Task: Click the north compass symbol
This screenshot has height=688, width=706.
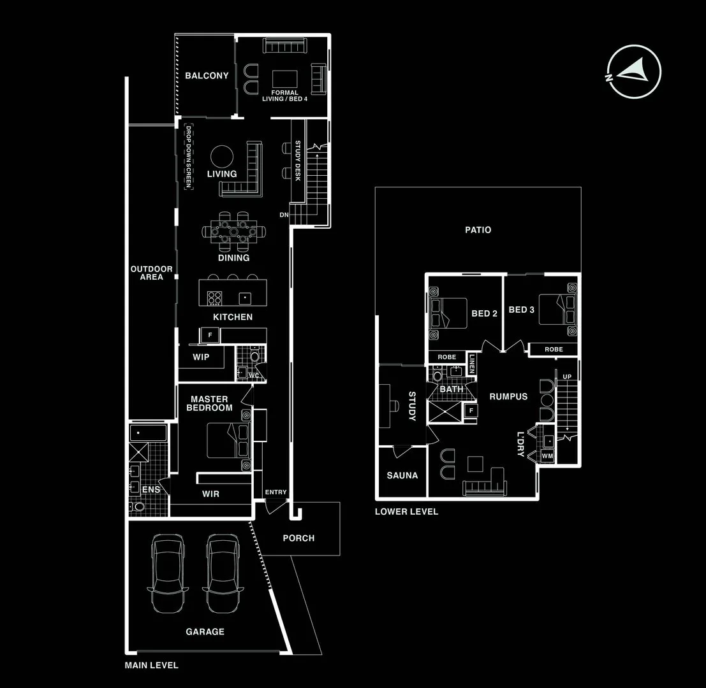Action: (x=634, y=71)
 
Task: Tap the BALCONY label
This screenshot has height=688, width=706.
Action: (x=207, y=76)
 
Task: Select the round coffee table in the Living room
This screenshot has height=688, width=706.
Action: (x=223, y=156)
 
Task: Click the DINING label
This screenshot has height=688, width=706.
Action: (x=233, y=258)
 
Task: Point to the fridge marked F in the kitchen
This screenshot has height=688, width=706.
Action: (x=210, y=334)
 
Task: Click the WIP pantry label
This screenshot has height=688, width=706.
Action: (x=201, y=357)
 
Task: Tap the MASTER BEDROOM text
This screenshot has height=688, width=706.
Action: (x=209, y=403)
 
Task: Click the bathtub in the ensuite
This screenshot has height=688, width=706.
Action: (x=149, y=434)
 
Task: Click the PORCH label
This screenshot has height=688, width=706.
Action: (x=298, y=538)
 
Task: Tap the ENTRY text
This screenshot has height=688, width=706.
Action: (x=276, y=492)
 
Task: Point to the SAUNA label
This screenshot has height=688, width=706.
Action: (x=402, y=475)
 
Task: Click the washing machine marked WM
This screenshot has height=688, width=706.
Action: (x=547, y=456)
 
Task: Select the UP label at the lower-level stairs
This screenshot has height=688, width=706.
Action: (x=567, y=376)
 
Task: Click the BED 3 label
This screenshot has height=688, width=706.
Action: (x=522, y=310)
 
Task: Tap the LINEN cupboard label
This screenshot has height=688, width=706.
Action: (x=472, y=364)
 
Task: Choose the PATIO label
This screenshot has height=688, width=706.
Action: (x=478, y=230)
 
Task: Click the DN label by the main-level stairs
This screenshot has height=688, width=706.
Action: (x=284, y=215)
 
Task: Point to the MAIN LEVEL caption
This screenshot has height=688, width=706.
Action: (x=152, y=665)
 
